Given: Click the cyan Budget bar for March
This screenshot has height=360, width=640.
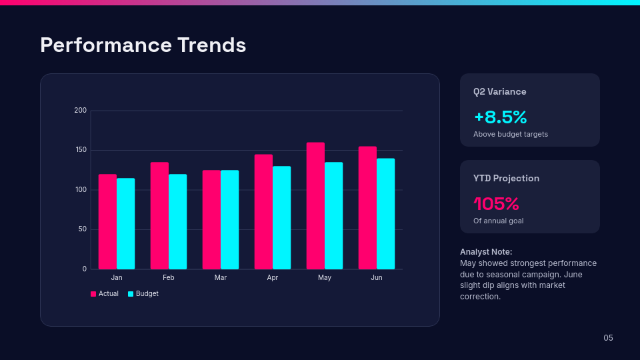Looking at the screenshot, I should pyautogui.click(x=229, y=219).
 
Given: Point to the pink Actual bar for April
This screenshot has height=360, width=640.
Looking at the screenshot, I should pyautogui.click(x=263, y=211).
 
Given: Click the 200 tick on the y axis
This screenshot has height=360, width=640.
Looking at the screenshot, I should pyautogui.click(x=81, y=110).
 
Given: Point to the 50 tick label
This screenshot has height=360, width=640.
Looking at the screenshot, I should pyautogui.click(x=83, y=229).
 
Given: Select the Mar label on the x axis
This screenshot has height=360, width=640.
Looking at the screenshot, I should pyautogui.click(x=221, y=277).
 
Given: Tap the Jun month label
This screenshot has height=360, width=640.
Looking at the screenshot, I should pyautogui.click(x=377, y=277).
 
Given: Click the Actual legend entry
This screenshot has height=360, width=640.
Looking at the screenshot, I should pyautogui.click(x=105, y=293).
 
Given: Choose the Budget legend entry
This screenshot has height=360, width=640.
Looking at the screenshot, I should pyautogui.click(x=143, y=293).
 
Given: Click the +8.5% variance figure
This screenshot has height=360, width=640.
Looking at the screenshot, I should pyautogui.click(x=500, y=117).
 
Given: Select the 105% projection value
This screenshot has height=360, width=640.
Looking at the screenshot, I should pyautogui.click(x=496, y=203).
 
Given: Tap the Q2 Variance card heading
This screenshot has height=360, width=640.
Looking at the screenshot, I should pyautogui.click(x=499, y=92).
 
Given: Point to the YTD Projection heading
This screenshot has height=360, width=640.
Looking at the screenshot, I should pyautogui.click(x=506, y=179).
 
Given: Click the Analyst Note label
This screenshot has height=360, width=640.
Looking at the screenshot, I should pyautogui.click(x=486, y=251).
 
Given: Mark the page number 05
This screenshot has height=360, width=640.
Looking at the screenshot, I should pyautogui.click(x=608, y=338).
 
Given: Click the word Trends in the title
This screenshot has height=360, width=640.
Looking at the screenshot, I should pyautogui.click(x=211, y=45).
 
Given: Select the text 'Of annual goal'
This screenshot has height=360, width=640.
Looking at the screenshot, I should pyautogui.click(x=498, y=221).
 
